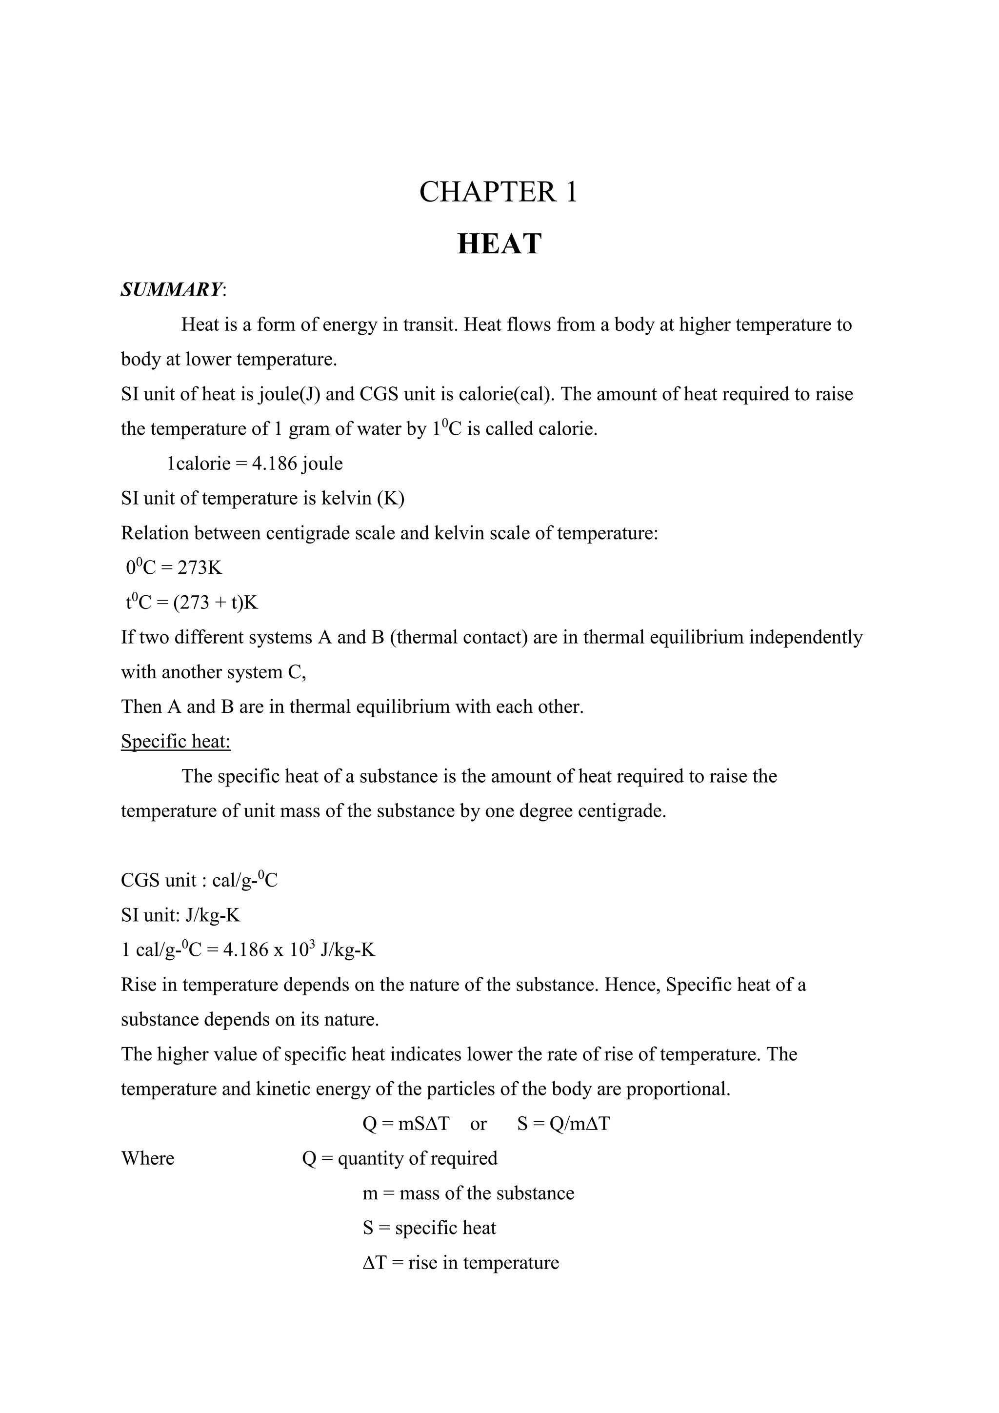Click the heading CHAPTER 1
[498, 192]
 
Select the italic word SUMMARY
[172, 289]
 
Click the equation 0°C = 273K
[174, 567]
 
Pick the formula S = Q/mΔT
[563, 1124]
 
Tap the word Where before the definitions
[148, 1159]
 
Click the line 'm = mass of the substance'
[468, 1193]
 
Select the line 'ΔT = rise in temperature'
[461, 1263]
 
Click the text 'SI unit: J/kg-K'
[180, 916]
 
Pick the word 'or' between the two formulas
[478, 1124]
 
